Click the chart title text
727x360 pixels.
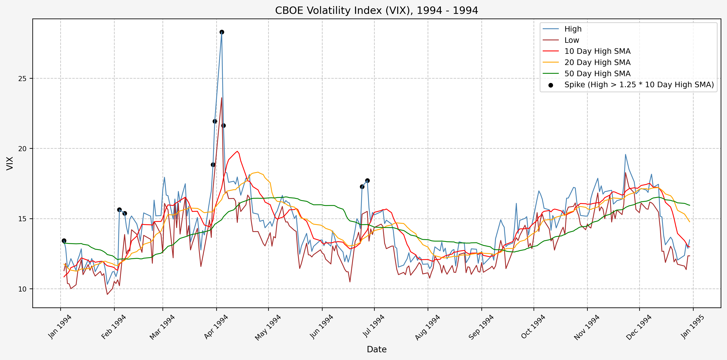click(x=377, y=10)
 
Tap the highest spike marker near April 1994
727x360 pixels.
click(x=222, y=32)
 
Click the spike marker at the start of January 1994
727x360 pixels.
click(x=64, y=241)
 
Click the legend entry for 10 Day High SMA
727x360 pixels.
click(x=597, y=51)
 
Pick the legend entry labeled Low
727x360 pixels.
click(x=571, y=40)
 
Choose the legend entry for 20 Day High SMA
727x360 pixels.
click(x=597, y=62)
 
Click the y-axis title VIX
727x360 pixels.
click(x=10, y=163)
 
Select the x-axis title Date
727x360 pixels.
click(x=377, y=349)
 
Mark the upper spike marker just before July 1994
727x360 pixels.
click(x=367, y=181)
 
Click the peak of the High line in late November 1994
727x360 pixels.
click(x=625, y=154)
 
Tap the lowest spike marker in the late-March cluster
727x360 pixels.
click(x=213, y=165)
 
